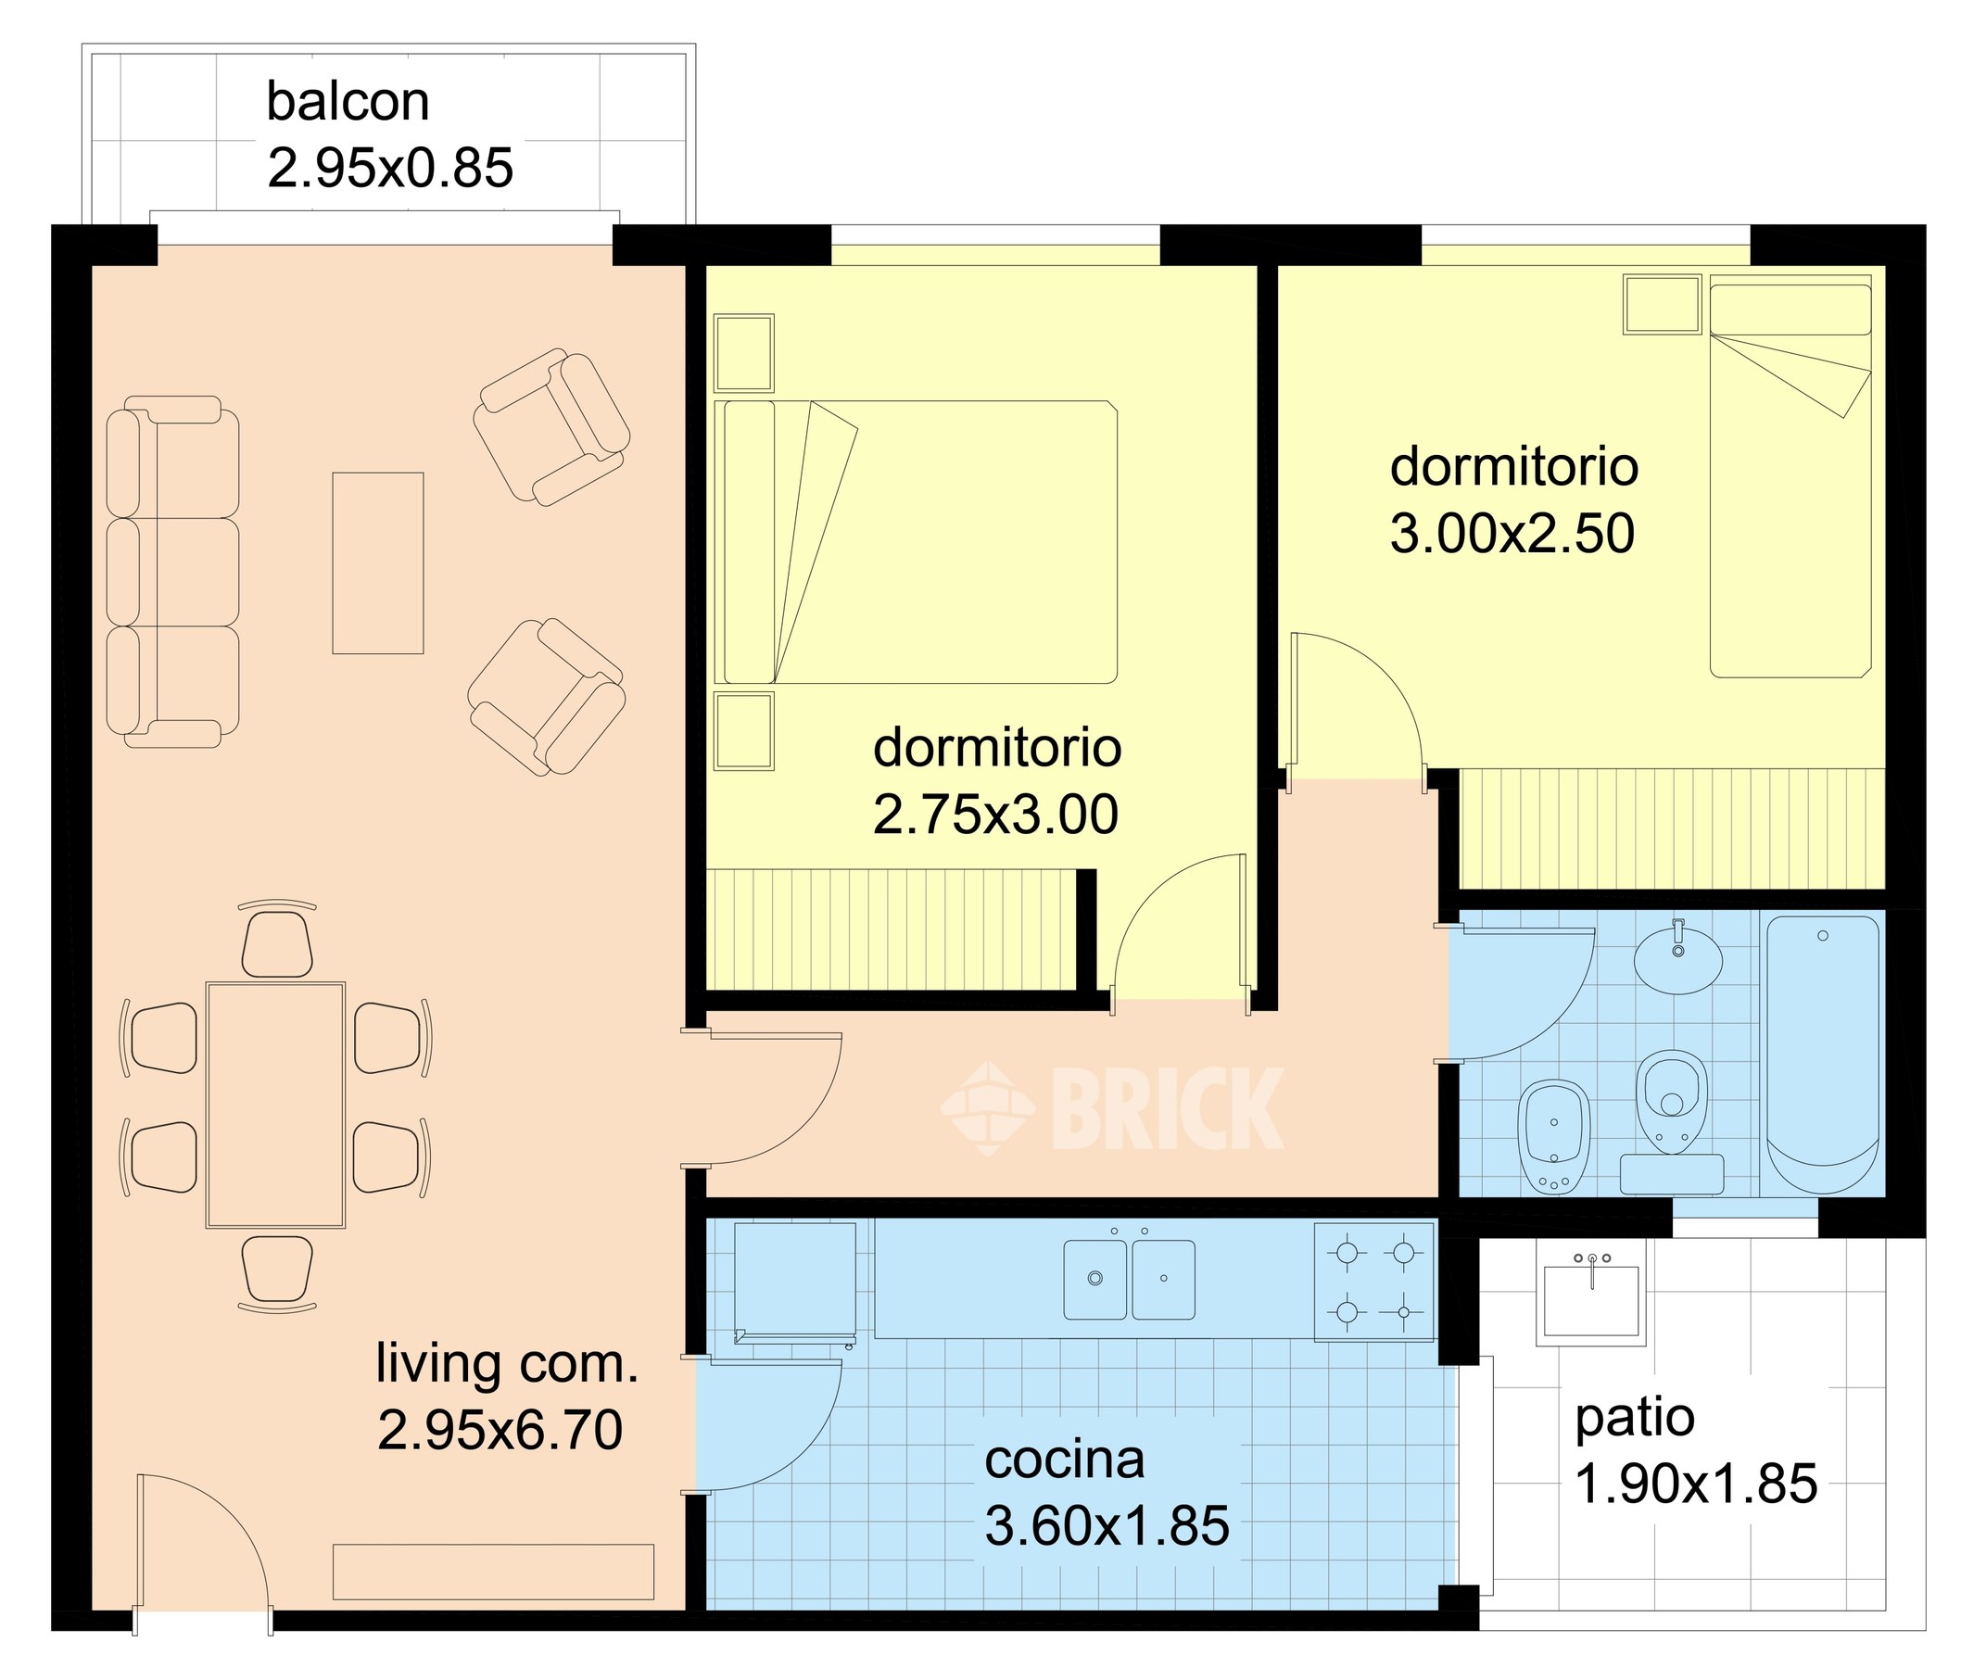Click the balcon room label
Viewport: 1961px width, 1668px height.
coord(347,101)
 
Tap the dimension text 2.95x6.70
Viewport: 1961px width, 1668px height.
coord(500,1430)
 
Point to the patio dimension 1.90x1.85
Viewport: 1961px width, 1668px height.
coord(1695,1484)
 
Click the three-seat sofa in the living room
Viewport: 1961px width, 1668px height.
coord(172,572)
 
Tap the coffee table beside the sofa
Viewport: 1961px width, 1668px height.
coord(377,563)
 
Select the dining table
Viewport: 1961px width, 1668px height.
coord(275,1106)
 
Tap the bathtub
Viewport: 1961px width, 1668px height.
coord(1822,1055)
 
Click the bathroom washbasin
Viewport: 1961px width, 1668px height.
coord(1678,960)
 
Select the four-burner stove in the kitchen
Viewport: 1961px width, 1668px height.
coord(1374,1282)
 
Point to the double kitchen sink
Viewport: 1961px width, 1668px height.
coord(1129,1280)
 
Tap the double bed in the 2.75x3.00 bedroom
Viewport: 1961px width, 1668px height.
coord(916,542)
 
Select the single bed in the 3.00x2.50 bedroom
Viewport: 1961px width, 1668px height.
coord(1790,476)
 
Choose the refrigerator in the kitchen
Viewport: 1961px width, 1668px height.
coord(795,1282)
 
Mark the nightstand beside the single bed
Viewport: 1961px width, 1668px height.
coord(1662,305)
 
